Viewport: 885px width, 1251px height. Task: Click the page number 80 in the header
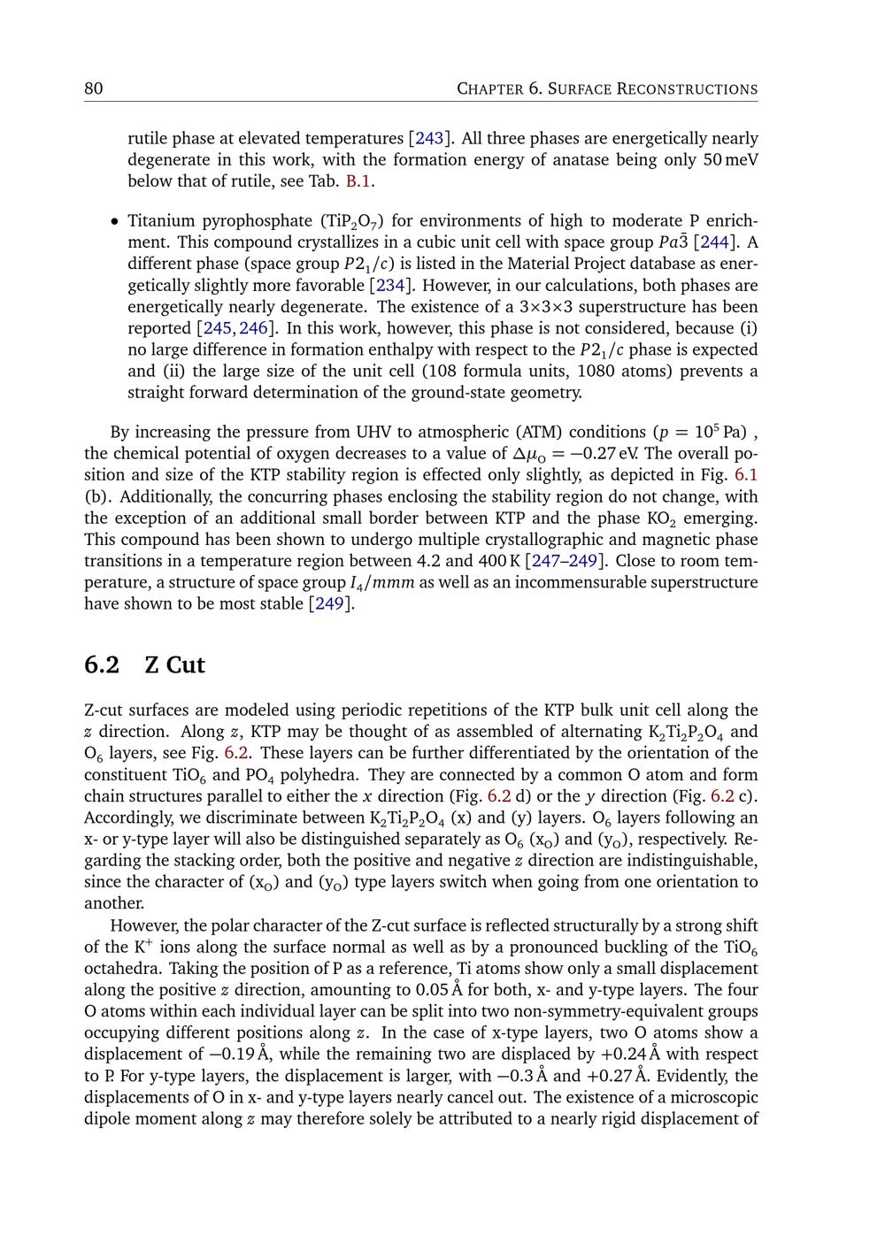pos(93,88)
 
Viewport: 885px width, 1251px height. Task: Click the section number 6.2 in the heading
pos(102,664)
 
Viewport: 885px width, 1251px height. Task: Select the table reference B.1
pos(358,181)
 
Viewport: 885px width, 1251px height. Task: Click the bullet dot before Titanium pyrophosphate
pos(114,221)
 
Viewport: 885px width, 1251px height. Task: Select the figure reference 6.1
pos(746,475)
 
